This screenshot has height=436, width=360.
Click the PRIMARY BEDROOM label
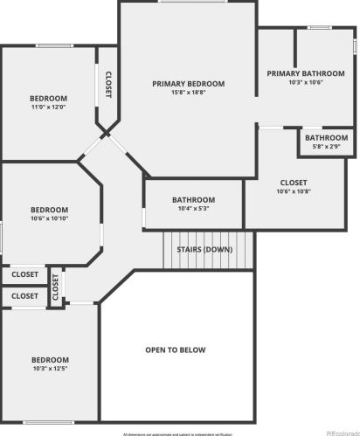pyautogui.click(x=188, y=84)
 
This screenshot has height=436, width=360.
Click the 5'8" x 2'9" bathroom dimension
pyautogui.click(x=327, y=146)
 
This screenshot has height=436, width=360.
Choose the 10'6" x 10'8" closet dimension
pyautogui.click(x=293, y=191)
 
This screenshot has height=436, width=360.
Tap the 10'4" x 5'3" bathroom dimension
pyautogui.click(x=193, y=208)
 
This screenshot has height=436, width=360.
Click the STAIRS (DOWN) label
pyautogui.click(x=204, y=249)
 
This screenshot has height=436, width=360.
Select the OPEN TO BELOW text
pyautogui.click(x=176, y=349)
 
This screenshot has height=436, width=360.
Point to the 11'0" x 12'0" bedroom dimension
pyautogui.click(x=49, y=107)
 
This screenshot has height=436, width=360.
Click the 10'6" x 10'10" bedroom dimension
pyautogui.click(x=49, y=218)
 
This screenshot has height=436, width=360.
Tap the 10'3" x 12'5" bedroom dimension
pyautogui.click(x=49, y=369)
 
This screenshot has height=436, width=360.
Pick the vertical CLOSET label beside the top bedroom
pyautogui.click(x=108, y=85)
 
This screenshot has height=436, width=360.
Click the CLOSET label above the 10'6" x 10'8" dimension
pyautogui.click(x=293, y=183)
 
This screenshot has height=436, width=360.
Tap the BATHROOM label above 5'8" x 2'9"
pyautogui.click(x=327, y=137)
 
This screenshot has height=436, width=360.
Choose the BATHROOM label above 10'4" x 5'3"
pyautogui.click(x=193, y=199)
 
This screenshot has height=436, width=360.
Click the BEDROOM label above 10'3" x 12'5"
pyautogui.click(x=49, y=360)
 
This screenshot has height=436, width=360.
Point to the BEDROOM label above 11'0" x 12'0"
pyautogui.click(x=49, y=98)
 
